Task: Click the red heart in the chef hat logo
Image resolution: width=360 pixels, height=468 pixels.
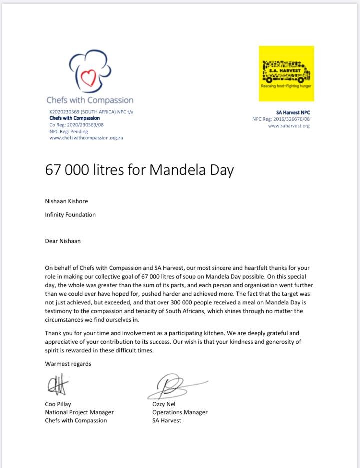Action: (x=88, y=77)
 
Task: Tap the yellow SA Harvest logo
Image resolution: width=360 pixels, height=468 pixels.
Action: (x=286, y=73)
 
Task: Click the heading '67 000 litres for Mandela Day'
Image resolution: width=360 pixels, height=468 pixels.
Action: (x=139, y=170)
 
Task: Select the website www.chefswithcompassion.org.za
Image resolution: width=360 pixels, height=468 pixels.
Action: (x=86, y=138)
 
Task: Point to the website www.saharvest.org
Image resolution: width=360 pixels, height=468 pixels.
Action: (x=289, y=126)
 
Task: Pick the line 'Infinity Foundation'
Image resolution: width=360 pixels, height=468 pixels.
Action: (x=70, y=214)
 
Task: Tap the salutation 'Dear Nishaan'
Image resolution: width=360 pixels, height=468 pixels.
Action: (x=63, y=241)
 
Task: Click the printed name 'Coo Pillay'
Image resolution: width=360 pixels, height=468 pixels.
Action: (x=58, y=404)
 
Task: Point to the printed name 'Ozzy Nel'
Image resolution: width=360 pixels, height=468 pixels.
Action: (x=164, y=404)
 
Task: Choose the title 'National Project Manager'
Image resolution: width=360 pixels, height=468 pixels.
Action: (x=79, y=412)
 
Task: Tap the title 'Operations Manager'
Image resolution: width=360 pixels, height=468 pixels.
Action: (x=180, y=412)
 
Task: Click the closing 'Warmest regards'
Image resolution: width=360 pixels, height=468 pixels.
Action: (x=68, y=364)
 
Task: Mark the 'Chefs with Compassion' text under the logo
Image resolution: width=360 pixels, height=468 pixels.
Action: (x=90, y=100)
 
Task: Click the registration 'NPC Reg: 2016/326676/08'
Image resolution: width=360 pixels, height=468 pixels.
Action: (x=281, y=119)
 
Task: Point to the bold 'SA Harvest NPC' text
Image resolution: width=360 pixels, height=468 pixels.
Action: (x=293, y=113)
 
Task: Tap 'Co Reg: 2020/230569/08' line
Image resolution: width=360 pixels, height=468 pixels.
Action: (x=76, y=125)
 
